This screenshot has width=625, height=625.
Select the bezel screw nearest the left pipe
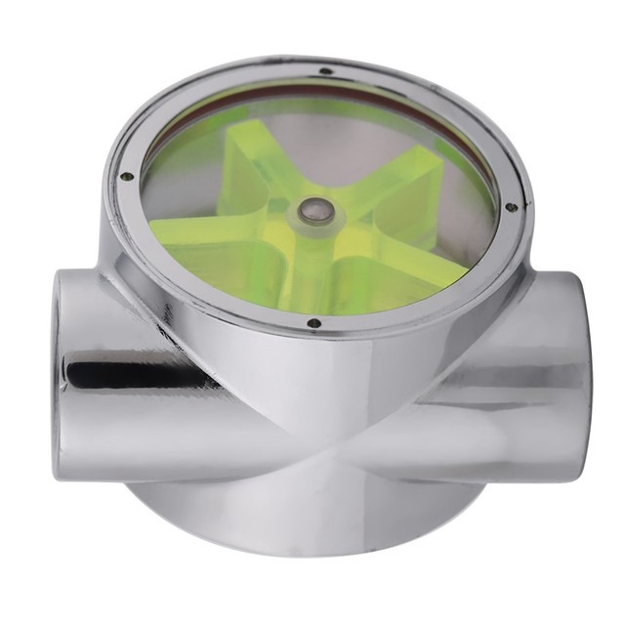click(126, 177)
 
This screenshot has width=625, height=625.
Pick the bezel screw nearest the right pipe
click(509, 207)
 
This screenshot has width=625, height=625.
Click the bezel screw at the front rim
click(312, 322)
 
